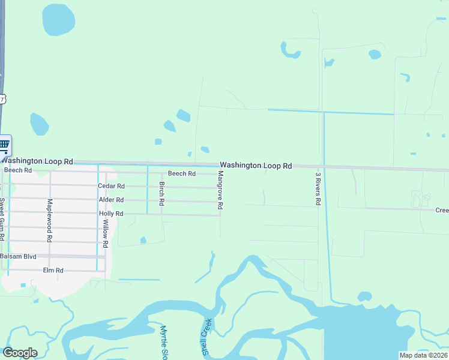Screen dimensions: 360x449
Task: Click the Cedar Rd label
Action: (111, 187)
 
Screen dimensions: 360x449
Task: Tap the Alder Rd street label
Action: (111, 200)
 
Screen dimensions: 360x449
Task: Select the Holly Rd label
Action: (111, 214)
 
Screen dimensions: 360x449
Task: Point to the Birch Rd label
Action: (161, 193)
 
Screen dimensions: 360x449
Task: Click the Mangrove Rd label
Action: (220, 190)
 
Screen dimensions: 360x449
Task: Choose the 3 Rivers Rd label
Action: (318, 189)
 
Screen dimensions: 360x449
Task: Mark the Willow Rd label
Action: (105, 233)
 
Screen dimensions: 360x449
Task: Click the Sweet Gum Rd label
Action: (2, 219)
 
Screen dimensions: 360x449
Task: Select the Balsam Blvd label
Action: (18, 256)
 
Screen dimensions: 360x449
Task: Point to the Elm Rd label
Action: (53, 271)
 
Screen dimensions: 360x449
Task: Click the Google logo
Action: (20, 353)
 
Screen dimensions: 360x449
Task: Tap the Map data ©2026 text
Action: (423, 355)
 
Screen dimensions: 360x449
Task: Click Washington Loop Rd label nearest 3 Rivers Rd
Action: (256, 165)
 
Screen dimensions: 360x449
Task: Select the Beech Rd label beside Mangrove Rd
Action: (182, 173)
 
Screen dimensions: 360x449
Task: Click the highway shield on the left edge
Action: (2, 98)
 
